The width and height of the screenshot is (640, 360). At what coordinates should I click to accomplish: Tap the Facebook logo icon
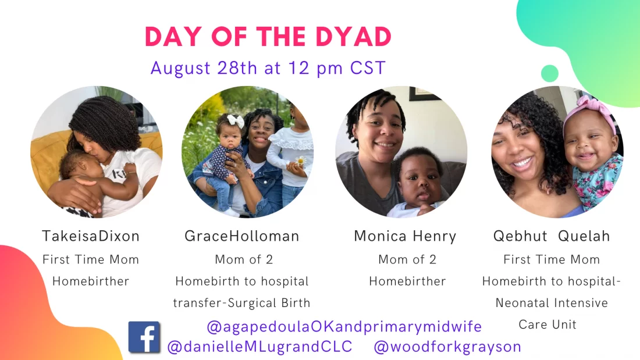coord(144,337)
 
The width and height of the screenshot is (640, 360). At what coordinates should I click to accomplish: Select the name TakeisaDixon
coord(91,236)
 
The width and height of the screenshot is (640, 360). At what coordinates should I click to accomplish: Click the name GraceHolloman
coord(242,236)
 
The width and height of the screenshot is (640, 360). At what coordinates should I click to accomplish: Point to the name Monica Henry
coord(405,236)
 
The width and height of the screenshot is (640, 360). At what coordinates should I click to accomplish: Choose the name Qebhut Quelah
coord(552,236)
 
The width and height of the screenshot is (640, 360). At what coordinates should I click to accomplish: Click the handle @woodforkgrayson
coord(447,347)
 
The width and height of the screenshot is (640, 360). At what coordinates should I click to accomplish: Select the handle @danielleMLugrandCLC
coord(259,347)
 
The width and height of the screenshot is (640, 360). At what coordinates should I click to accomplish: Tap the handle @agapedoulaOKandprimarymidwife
coord(344,326)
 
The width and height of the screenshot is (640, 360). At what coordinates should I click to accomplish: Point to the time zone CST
coord(368,68)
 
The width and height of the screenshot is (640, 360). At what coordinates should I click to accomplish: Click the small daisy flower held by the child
coord(301,162)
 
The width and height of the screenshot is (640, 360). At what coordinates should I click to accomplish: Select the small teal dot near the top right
coord(550,73)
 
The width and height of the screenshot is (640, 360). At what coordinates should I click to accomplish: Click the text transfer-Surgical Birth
coord(241,303)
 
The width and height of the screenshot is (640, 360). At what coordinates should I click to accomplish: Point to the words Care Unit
coord(547,325)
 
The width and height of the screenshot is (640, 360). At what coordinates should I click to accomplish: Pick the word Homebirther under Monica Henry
coord(407,281)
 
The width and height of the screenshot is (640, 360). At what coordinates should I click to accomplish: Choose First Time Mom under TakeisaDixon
coord(91,259)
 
